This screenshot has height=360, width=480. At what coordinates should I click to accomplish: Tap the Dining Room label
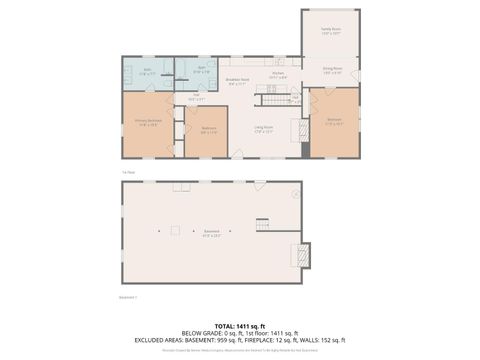332,71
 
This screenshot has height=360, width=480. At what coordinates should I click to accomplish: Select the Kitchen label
280,73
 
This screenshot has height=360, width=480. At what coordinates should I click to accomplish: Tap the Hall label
196,98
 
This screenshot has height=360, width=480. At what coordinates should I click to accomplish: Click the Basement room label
211,233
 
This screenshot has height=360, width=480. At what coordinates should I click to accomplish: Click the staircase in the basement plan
263,224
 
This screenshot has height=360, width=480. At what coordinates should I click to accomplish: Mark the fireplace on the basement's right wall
299,254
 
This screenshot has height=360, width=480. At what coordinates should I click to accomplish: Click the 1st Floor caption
127,172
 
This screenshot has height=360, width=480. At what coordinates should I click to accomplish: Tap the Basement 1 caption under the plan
128,296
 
